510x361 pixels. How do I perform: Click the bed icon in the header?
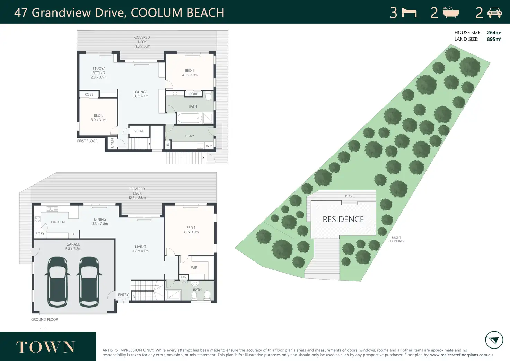(x=409, y=12)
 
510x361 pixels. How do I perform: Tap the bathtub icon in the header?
(x=451, y=12)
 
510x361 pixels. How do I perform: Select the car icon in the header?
(x=494, y=12)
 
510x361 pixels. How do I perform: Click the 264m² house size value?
(x=494, y=32)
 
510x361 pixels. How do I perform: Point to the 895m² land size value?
(x=494, y=39)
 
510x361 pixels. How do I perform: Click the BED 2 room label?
(x=190, y=71)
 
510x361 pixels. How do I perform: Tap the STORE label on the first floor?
(x=139, y=131)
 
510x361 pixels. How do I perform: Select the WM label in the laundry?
(x=209, y=146)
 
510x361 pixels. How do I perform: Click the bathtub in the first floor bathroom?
(x=190, y=118)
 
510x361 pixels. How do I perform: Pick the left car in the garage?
(x=58, y=282)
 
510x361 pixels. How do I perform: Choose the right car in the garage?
(x=89, y=282)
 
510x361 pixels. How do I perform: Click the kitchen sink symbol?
(x=52, y=209)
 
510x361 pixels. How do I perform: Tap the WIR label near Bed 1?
(x=194, y=268)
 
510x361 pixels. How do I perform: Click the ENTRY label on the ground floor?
(x=123, y=295)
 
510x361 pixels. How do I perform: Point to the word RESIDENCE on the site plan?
(x=343, y=219)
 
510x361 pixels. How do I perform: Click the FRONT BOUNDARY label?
(x=396, y=239)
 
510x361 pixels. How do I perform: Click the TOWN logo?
(x=45, y=347)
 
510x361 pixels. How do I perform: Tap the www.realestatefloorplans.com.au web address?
(x=461, y=355)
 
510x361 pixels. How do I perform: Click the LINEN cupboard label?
(x=112, y=143)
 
